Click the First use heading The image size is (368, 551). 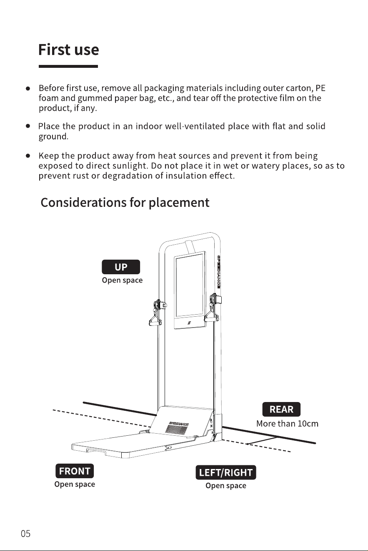tap(69, 50)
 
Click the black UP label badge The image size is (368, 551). tap(121, 267)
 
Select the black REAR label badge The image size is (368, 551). tap(281, 410)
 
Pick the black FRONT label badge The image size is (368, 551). tap(75, 471)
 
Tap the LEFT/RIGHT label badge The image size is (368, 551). tap(226, 472)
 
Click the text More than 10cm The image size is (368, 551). tap(287, 424)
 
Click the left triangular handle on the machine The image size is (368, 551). tap(155, 319)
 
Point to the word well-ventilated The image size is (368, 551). tap(195, 126)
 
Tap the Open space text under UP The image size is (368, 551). tap(122, 280)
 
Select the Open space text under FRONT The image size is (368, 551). tap(75, 484)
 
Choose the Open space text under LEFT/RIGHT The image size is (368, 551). tap(226, 486)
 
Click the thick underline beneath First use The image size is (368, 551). tap(68, 66)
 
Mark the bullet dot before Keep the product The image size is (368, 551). tap(28, 156)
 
